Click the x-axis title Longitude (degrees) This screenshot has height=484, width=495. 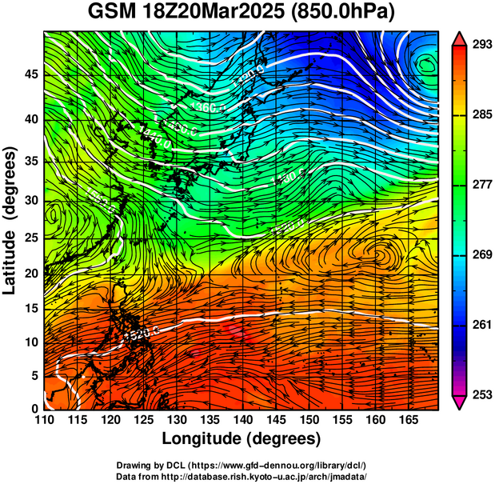click(x=241, y=438)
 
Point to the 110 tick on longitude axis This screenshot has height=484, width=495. click(x=44, y=419)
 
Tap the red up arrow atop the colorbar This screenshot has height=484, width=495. click(x=460, y=38)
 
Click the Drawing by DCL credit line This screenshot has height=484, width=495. click(x=246, y=465)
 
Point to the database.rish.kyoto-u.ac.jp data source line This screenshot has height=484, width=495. click(x=246, y=475)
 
